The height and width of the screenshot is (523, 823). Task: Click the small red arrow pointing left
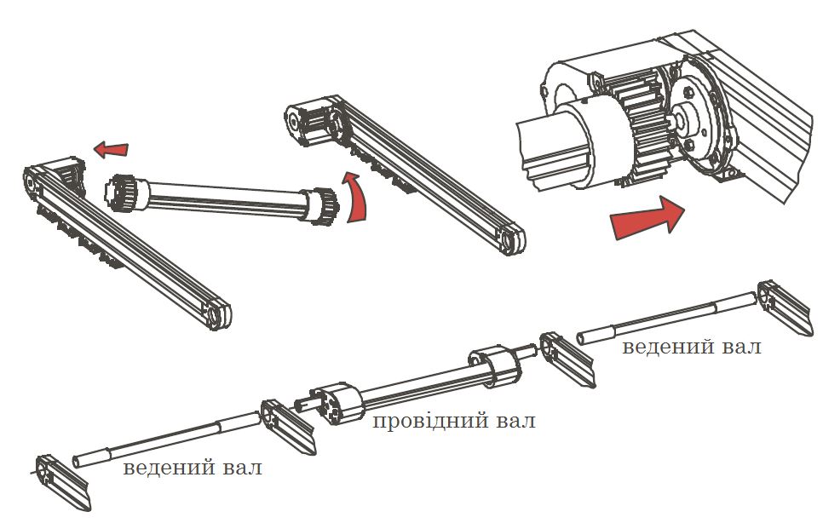[x=111, y=150]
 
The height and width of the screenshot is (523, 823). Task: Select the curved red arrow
[x=355, y=198]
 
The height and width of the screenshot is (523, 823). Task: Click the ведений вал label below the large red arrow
[x=691, y=347]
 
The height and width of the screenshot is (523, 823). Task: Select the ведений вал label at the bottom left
[x=192, y=467]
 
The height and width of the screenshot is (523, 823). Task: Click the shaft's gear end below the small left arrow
[x=125, y=193]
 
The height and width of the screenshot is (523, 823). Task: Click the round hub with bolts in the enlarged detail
[x=693, y=118]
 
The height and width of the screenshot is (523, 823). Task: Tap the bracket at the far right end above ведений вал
[x=786, y=307]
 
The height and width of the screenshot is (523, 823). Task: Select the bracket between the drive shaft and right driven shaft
[x=567, y=359]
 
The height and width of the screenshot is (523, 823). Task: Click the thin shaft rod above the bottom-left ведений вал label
[x=167, y=438]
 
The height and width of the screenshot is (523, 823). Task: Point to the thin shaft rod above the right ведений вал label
[x=667, y=318]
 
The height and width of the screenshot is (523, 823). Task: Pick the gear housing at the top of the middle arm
[x=313, y=122]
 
